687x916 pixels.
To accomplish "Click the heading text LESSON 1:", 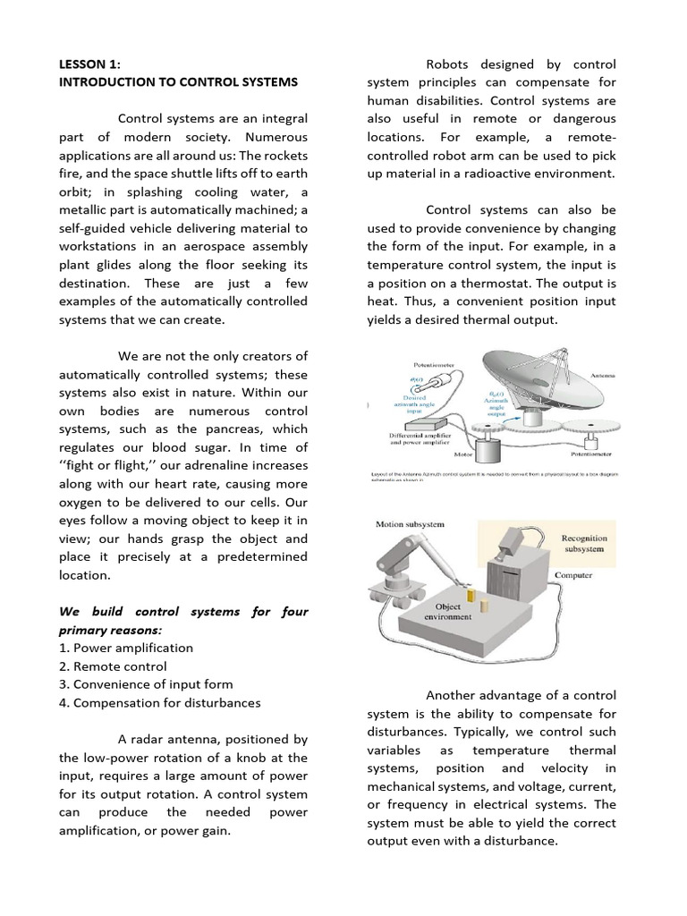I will click(89, 64).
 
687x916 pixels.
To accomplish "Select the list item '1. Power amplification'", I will click(126, 648).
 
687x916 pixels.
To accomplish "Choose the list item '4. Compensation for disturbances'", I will click(160, 703).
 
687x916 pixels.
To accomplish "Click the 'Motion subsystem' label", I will click(410, 524).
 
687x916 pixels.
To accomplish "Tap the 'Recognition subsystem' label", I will click(583, 543).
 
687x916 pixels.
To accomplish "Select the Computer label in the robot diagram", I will click(573, 575).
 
